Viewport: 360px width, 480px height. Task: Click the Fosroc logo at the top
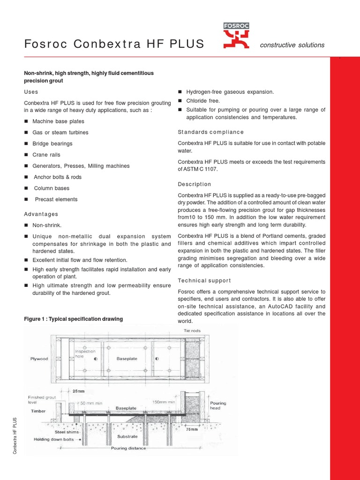(237, 36)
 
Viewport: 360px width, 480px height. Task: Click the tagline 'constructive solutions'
(292, 45)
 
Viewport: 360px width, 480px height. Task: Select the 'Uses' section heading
(31, 92)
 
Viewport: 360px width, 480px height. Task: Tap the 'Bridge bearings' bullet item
(52, 143)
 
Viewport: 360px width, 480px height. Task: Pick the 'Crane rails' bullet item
(46, 155)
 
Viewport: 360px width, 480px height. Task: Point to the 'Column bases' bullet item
(52, 188)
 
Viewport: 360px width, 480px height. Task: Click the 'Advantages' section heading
(41, 214)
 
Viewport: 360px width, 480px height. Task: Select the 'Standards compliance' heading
(211, 132)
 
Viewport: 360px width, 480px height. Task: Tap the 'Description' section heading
(195, 184)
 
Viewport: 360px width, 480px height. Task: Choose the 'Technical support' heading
(204, 280)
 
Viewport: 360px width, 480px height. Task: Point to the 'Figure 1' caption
(73, 319)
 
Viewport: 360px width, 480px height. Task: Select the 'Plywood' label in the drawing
(39, 359)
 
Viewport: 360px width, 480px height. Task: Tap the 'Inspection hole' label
(85, 354)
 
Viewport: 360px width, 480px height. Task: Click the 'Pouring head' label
(217, 406)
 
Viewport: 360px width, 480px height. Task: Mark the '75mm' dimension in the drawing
(205, 429)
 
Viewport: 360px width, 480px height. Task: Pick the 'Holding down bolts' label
(56, 440)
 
